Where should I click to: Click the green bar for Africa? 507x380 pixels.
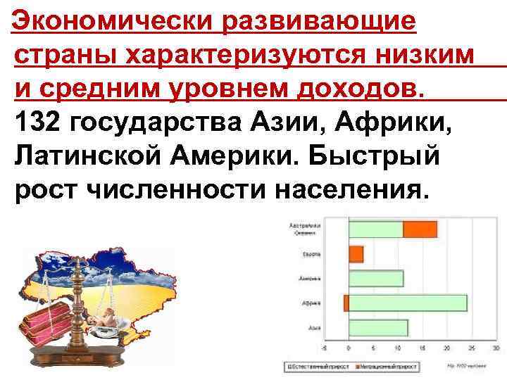click(408, 303)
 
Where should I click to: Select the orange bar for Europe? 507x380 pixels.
click(356, 253)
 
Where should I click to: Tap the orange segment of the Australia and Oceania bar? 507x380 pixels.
click(420, 229)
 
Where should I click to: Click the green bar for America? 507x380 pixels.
click(376, 278)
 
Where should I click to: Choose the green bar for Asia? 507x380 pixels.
click(378, 327)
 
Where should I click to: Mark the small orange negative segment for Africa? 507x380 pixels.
click(346, 303)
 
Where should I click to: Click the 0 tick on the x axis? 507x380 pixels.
click(349, 348)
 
